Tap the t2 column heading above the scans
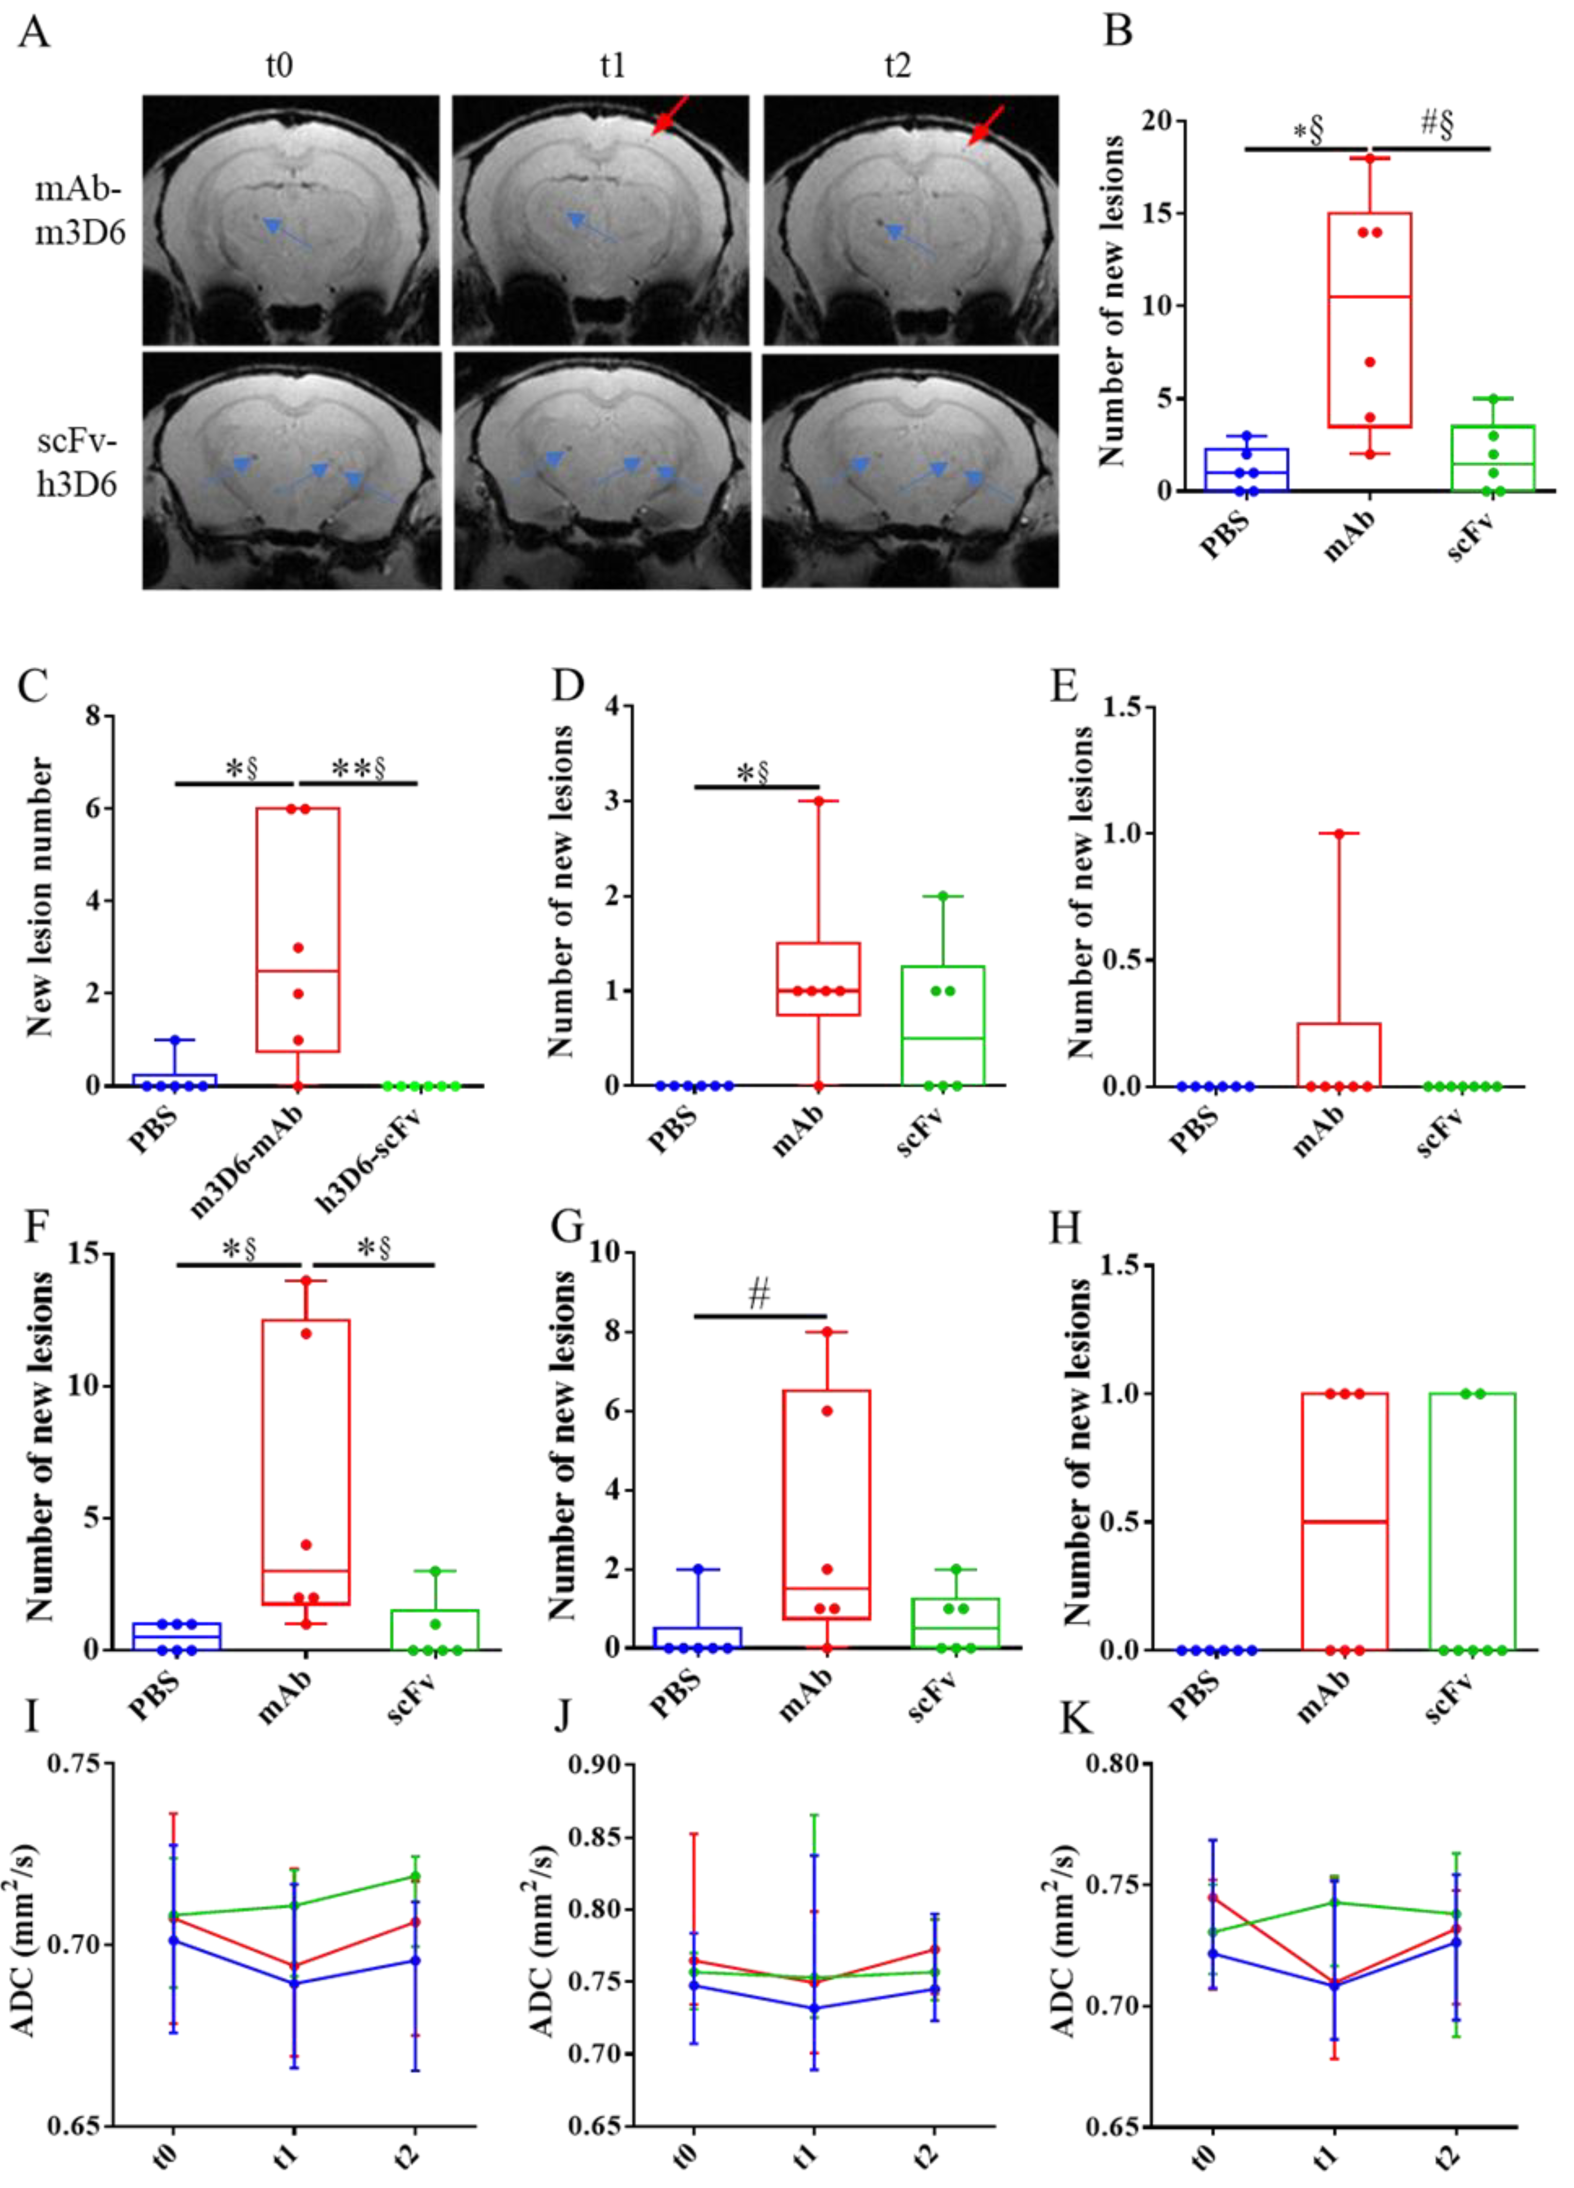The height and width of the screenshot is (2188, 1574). click(897, 66)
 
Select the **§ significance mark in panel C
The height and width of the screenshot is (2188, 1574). click(358, 769)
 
